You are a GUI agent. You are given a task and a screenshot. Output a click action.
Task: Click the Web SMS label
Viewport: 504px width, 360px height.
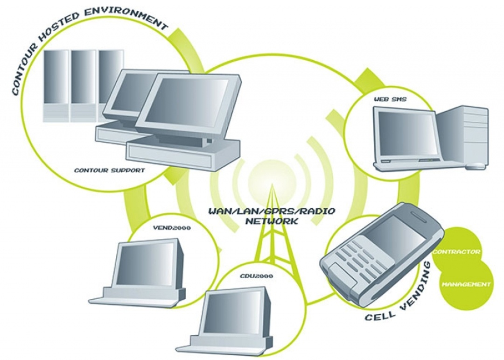390,99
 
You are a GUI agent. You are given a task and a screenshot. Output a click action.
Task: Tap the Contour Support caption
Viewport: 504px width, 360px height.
110,170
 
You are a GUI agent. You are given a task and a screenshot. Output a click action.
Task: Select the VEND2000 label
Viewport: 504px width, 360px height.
172,228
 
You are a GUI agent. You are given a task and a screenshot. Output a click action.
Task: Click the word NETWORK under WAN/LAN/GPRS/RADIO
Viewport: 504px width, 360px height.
272,221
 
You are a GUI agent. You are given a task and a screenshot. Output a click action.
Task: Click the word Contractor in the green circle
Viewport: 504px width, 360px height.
456,251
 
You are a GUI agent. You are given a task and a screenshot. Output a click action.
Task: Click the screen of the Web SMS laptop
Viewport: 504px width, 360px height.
407,134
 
